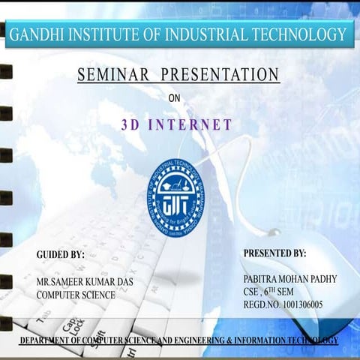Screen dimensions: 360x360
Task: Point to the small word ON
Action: pyautogui.click(x=175, y=97)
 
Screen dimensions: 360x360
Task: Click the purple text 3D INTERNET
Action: pyautogui.click(x=176, y=125)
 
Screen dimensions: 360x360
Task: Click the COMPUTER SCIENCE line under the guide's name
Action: pyautogui.click(x=76, y=295)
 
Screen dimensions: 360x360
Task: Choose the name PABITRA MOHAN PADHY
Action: pyautogui.click(x=290, y=279)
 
